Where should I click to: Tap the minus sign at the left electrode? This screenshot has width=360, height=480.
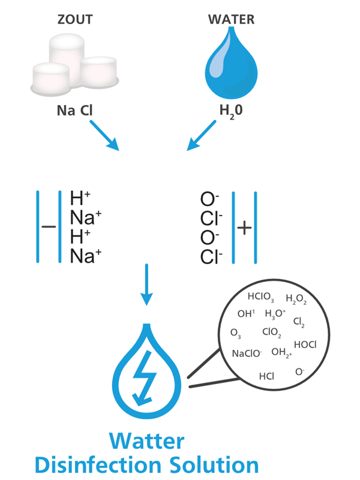coord(49,227)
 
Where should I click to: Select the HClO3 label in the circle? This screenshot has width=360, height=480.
coord(260,297)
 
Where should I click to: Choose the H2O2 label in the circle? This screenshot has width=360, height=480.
coord(296,299)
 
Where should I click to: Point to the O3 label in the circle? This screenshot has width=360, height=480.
coord(236,333)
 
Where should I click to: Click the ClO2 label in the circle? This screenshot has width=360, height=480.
coord(271,332)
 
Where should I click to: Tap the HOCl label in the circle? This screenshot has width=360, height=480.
coord(305,344)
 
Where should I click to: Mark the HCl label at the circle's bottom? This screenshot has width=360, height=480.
coord(266,376)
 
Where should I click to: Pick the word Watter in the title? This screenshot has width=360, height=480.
coord(147,441)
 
